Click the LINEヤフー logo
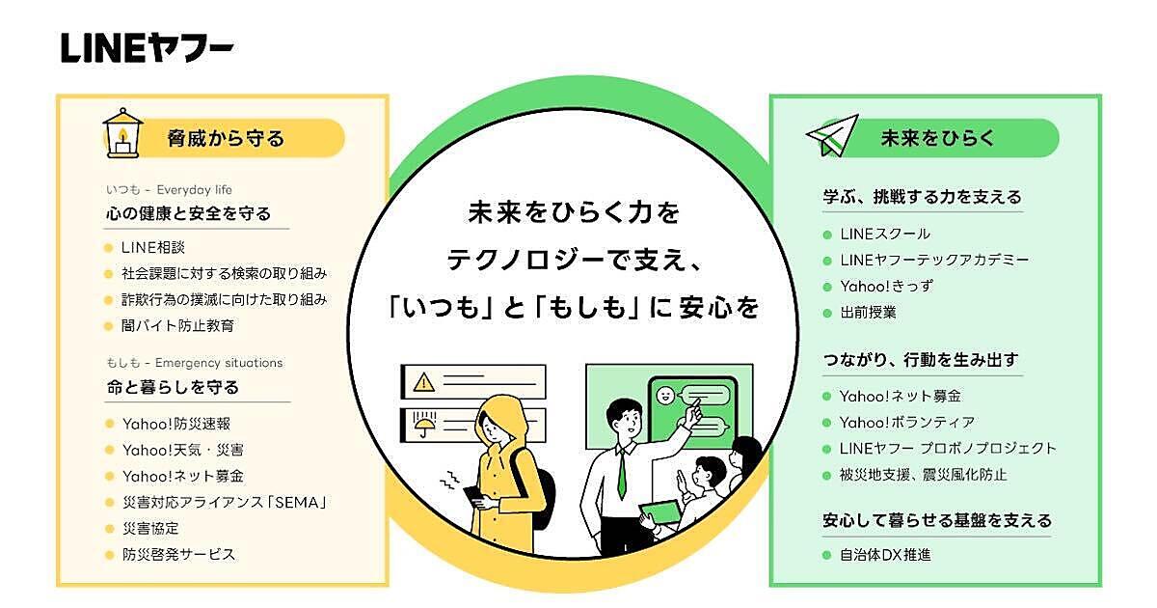pyautogui.click(x=147, y=47)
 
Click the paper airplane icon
pyautogui.click(x=831, y=135)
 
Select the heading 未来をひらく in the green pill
pyautogui.click(x=923, y=138)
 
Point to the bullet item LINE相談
pyautogui.click(x=153, y=246)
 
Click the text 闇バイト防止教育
pyautogui.click(x=177, y=326)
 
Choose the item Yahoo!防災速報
pyautogui.click(x=176, y=423)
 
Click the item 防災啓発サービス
pyautogui.click(x=178, y=555)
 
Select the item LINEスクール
pyautogui.click(x=885, y=234)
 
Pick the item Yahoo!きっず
pyautogui.click(x=886, y=287)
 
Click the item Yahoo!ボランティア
pyautogui.click(x=907, y=422)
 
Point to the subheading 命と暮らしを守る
pyautogui.click(x=174, y=387)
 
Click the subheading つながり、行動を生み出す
pyautogui.click(x=921, y=360)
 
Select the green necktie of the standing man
pyautogui.click(x=622, y=473)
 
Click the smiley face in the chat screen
pyautogui.click(x=663, y=396)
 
